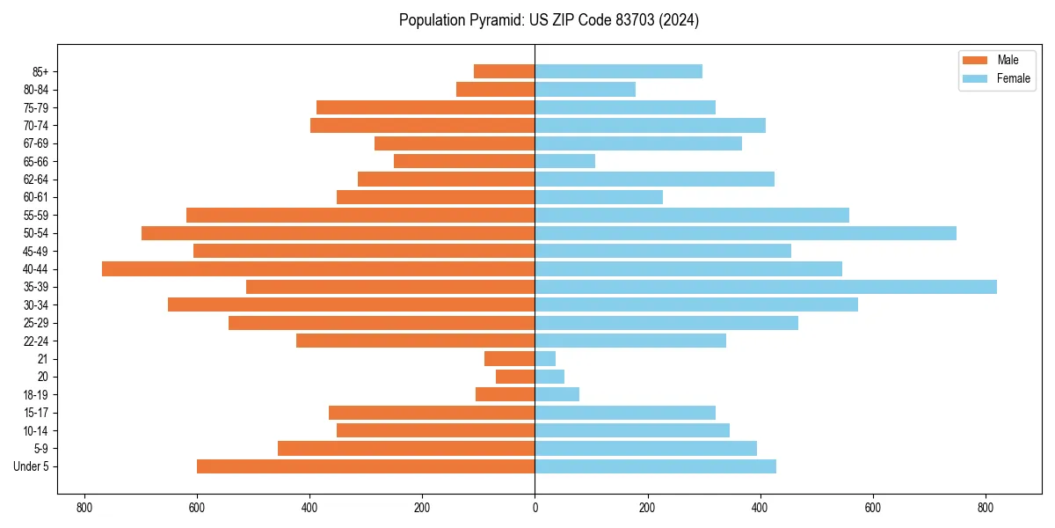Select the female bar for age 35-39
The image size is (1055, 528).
point(766,287)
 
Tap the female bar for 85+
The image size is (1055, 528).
point(618,71)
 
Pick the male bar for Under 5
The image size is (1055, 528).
point(366,466)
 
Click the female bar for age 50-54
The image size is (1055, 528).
point(746,233)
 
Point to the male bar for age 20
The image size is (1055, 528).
point(515,377)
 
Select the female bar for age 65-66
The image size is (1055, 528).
point(565,161)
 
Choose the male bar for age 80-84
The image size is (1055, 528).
point(496,89)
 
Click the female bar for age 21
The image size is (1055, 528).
point(545,358)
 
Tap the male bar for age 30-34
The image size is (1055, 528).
point(352,304)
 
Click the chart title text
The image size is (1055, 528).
point(549,20)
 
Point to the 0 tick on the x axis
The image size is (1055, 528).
point(535,508)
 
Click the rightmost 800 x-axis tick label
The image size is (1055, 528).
point(986,508)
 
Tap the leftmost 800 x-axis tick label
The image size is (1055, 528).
point(84,508)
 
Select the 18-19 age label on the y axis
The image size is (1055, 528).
point(35,395)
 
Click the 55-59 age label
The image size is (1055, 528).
point(35,216)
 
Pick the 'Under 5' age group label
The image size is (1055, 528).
point(31,466)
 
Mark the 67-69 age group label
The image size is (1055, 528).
point(35,143)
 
